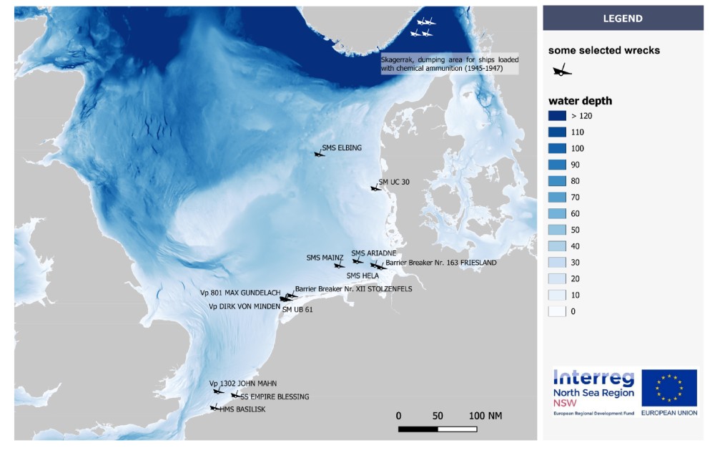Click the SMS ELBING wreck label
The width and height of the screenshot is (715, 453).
[x=342, y=148]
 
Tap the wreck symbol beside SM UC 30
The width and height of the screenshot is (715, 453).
[x=374, y=188]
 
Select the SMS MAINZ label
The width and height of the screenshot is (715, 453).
[x=325, y=258]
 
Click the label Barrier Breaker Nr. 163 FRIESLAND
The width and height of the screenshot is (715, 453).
[x=440, y=263]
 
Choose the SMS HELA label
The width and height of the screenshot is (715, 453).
[x=363, y=276]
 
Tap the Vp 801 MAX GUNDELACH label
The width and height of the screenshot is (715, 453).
[x=240, y=293]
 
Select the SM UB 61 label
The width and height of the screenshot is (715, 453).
[x=297, y=310]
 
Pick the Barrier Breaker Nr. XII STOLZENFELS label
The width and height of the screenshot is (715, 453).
[x=353, y=288]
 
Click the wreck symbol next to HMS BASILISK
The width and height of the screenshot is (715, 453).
[x=213, y=408]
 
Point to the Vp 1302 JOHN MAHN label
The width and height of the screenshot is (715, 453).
[x=242, y=384]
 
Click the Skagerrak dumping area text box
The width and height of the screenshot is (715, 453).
[x=449, y=64]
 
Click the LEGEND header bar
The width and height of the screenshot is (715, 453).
[x=623, y=19]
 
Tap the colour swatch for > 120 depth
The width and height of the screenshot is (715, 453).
[x=557, y=116]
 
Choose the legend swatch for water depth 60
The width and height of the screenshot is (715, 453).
[x=557, y=213]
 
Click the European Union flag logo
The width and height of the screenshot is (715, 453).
[x=669, y=388]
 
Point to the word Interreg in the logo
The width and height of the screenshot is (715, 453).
[x=593, y=379]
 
